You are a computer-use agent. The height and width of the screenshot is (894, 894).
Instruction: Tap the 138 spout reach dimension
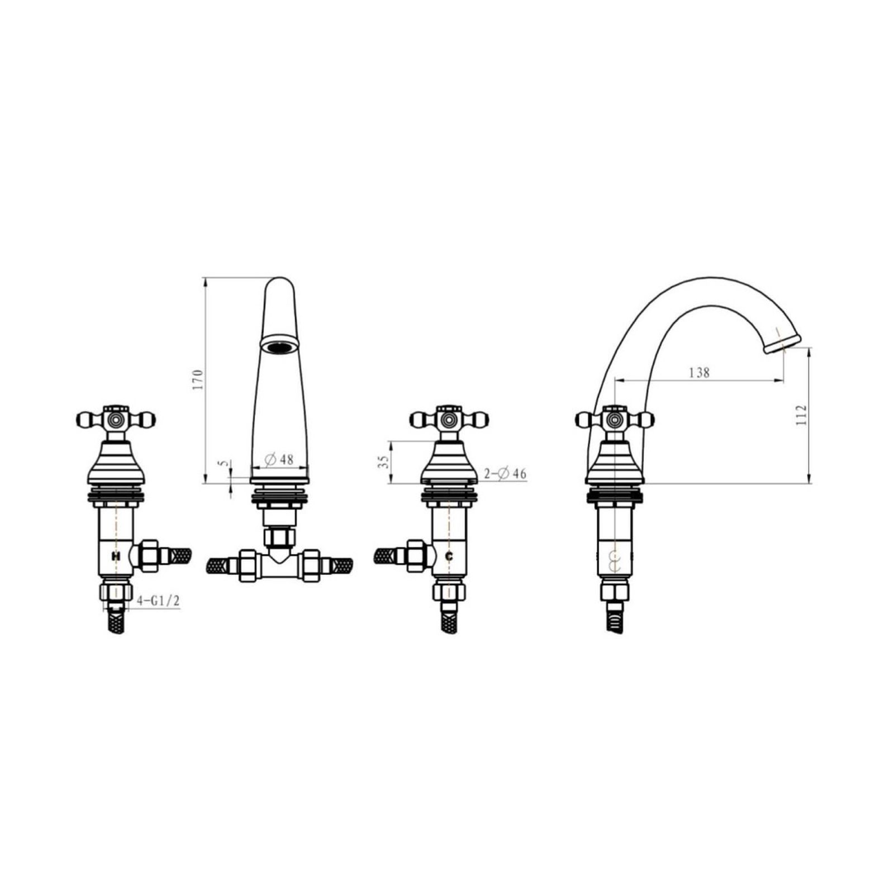[x=699, y=372]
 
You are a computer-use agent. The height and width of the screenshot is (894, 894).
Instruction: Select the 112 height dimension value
[x=802, y=415]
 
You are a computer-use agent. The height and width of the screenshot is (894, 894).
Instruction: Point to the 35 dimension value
[x=383, y=462]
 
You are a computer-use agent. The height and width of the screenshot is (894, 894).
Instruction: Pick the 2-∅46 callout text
[x=505, y=474]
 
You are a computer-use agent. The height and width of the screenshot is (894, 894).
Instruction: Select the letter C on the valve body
[x=449, y=556]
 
